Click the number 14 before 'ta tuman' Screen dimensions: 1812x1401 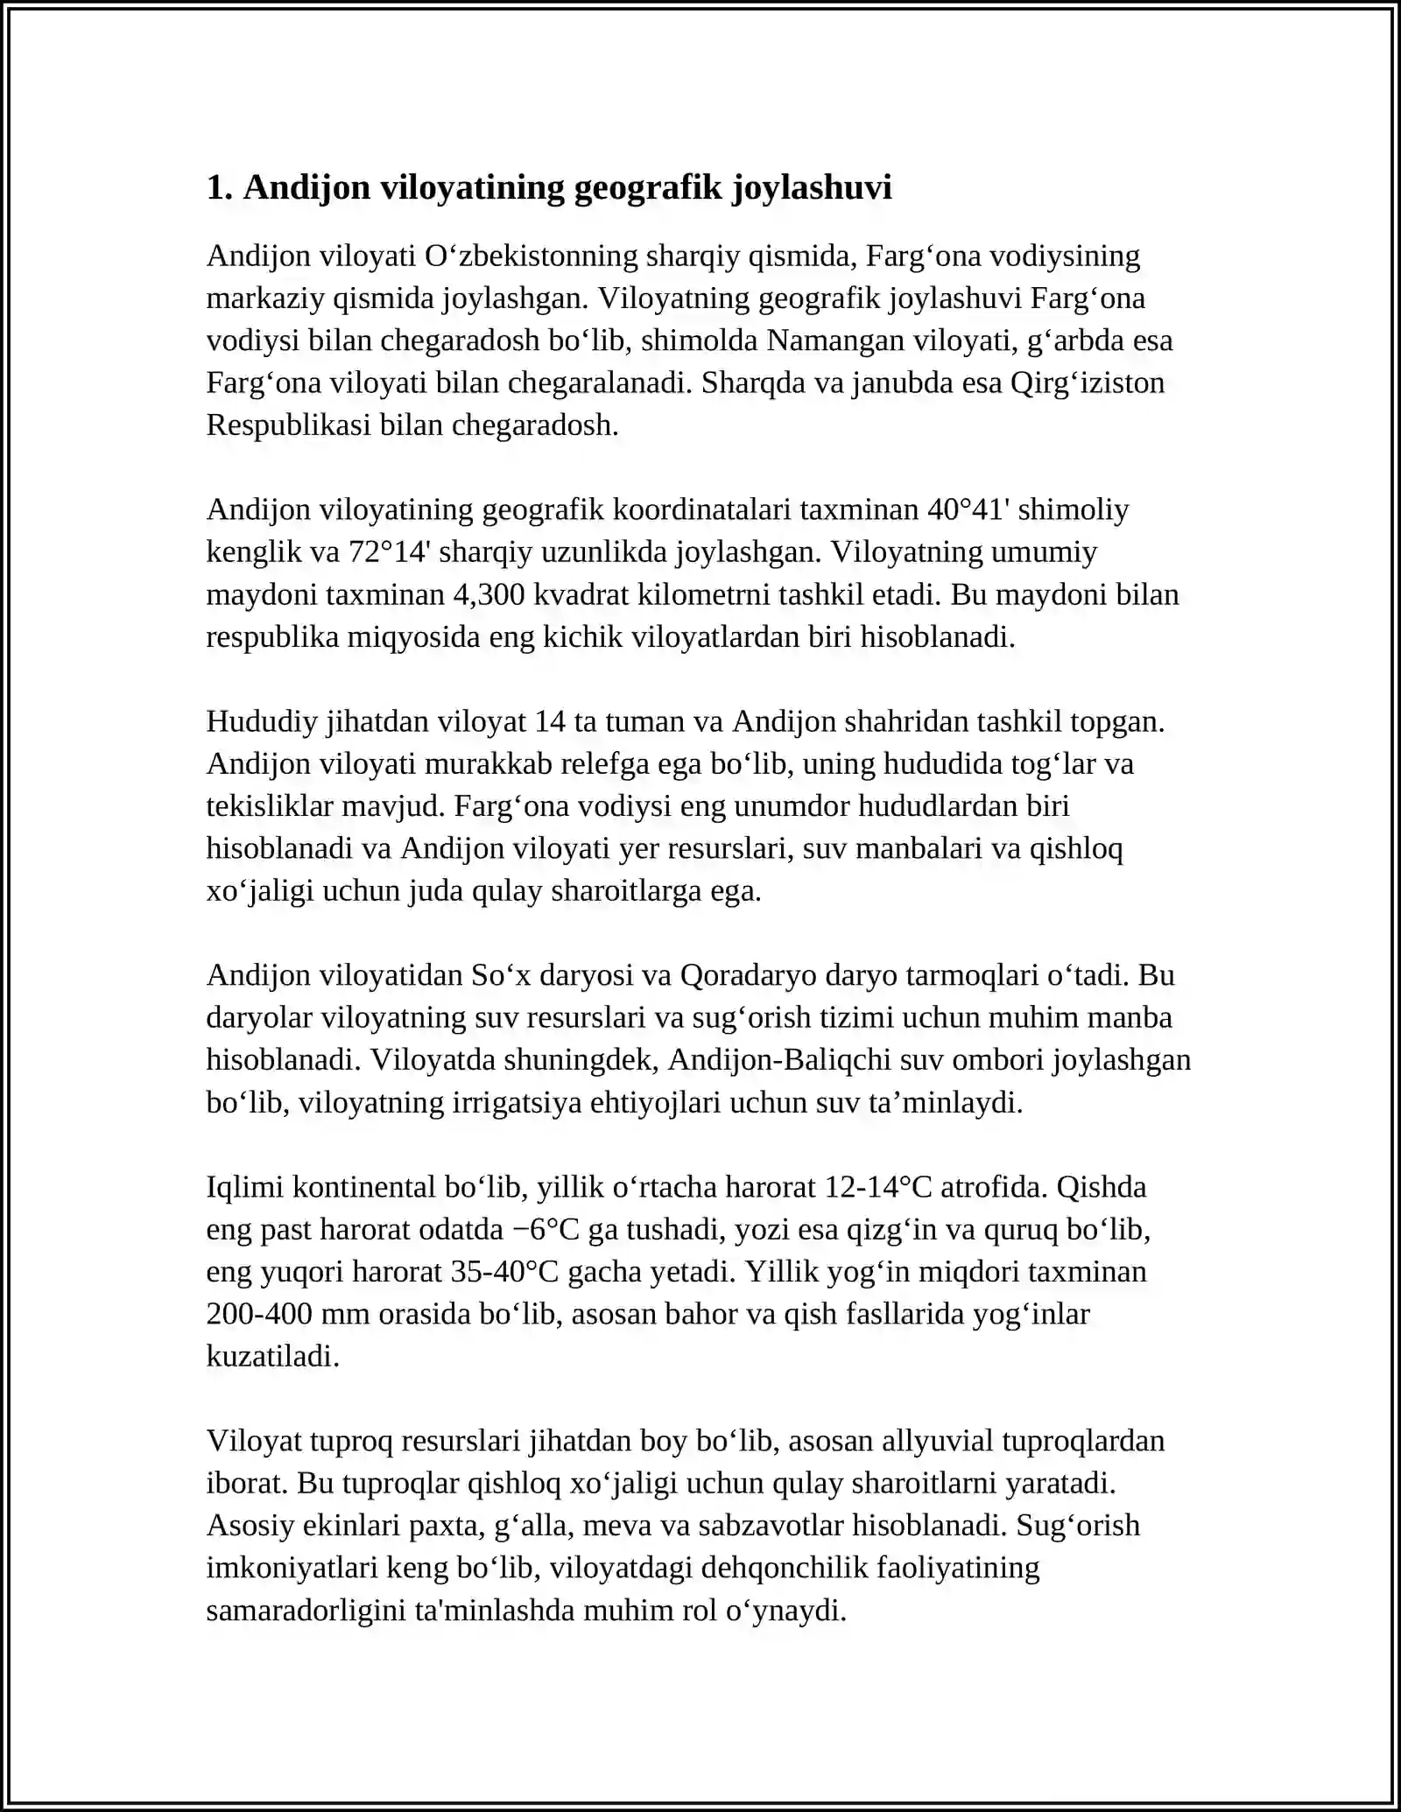click(550, 721)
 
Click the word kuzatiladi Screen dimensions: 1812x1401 click(272, 1356)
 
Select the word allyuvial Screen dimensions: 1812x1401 click(938, 1440)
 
